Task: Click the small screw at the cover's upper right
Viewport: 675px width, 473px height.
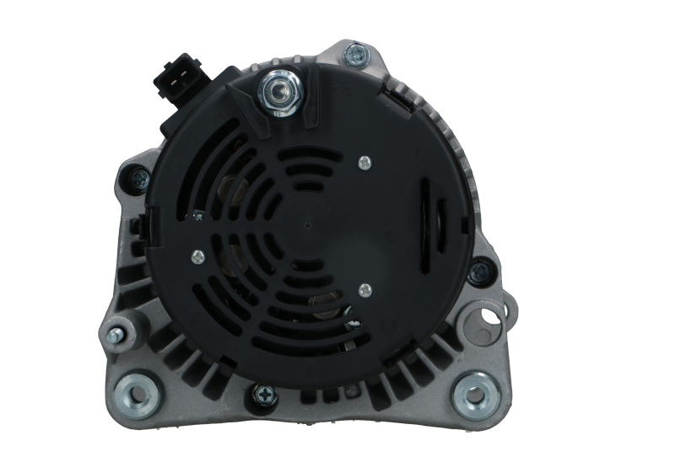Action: point(364,161)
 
